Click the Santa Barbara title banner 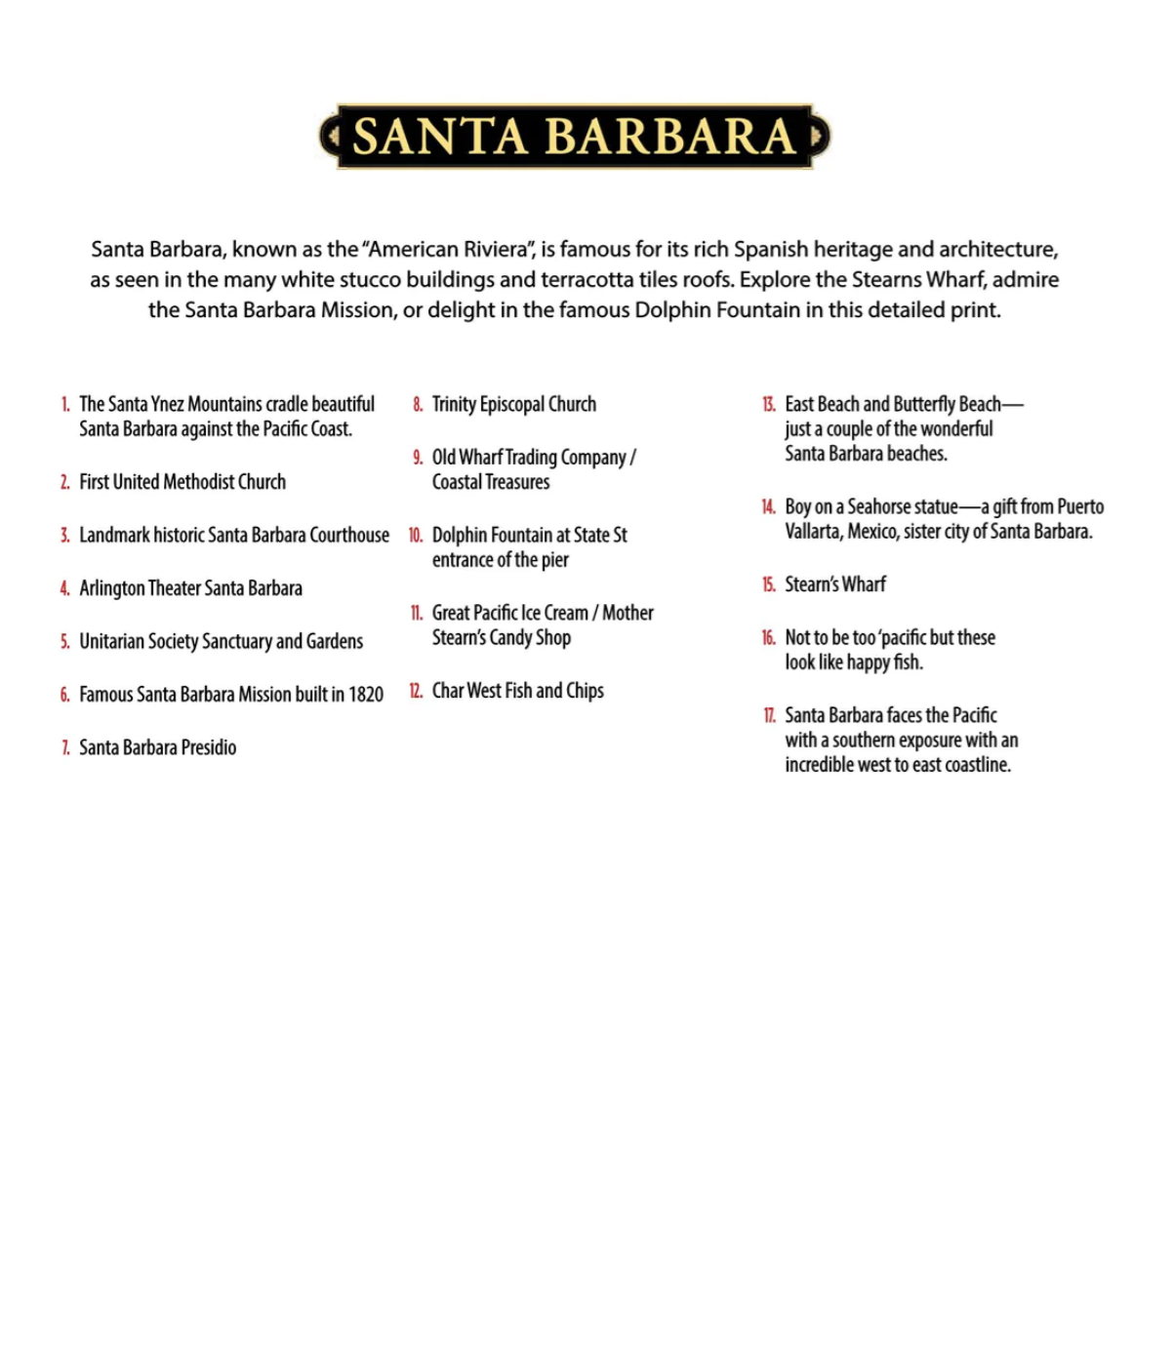click(574, 137)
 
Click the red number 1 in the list click(65, 404)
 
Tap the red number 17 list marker click(769, 715)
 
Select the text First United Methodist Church click(182, 482)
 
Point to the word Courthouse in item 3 click(349, 535)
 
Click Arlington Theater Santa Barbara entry click(190, 588)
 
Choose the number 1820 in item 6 click(366, 695)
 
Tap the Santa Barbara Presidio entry click(157, 747)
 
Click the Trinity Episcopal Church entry click(513, 404)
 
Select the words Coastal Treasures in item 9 click(491, 482)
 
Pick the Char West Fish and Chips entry click(517, 691)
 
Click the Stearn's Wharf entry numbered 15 click(835, 584)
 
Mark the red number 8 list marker click(418, 404)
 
